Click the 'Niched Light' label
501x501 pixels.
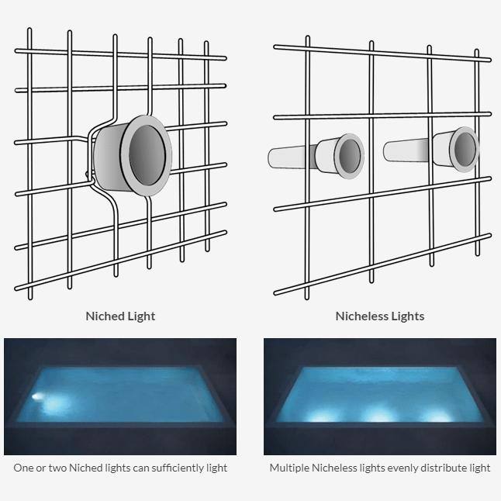point(120,316)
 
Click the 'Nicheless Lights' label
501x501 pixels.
point(379,316)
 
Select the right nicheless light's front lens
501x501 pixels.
point(465,147)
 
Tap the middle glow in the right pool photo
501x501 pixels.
point(379,413)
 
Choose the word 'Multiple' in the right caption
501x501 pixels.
point(289,468)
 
